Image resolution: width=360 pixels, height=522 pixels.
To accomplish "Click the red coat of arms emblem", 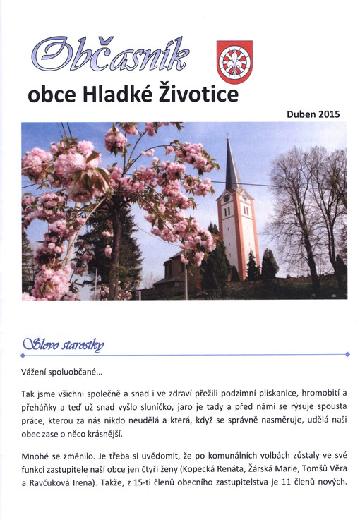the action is (234, 62).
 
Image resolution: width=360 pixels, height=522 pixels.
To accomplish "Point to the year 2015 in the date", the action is (329, 113).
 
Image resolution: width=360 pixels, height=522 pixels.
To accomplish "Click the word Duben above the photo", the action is (301, 113).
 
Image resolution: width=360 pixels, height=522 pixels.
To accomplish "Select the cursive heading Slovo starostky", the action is (64, 345).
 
